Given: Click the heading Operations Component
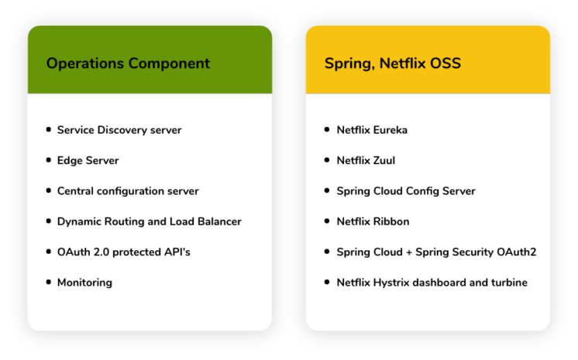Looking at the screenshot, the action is (128, 63).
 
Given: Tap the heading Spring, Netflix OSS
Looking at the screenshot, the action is (393, 63).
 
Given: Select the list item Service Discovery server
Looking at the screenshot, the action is (119, 130).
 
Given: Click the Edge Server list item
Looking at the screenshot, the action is (88, 161).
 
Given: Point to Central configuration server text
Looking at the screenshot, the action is (128, 191).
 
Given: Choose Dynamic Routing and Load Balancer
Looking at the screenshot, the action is (150, 221).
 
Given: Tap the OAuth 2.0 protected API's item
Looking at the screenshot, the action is (123, 252).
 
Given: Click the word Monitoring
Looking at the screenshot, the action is (84, 283).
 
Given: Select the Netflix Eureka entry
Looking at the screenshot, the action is (372, 130).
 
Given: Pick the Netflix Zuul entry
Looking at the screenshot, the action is (366, 161).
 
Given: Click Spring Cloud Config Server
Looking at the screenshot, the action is (406, 191).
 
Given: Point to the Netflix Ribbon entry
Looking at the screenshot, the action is (373, 221).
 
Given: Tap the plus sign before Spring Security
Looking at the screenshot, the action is (409, 252).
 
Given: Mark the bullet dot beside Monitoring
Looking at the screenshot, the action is (49, 282).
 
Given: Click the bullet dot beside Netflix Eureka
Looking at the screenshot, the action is (327, 129).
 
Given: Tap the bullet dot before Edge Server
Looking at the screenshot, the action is (49, 160).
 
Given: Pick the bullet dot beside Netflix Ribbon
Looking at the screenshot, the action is (327, 221).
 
